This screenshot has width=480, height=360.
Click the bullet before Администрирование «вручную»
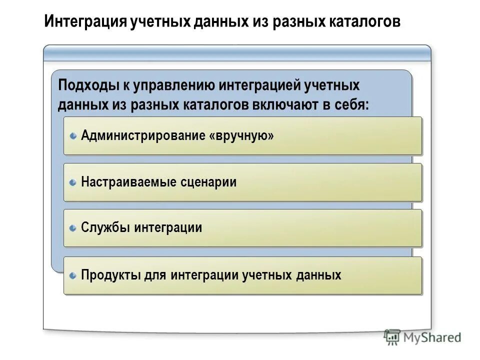(73, 135)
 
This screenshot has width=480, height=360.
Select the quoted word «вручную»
(242, 135)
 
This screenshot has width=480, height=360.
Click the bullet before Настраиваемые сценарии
(73, 182)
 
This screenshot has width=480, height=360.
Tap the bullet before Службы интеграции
(73, 228)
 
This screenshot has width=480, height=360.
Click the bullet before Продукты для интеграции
(73, 275)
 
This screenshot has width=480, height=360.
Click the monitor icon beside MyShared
(392, 337)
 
